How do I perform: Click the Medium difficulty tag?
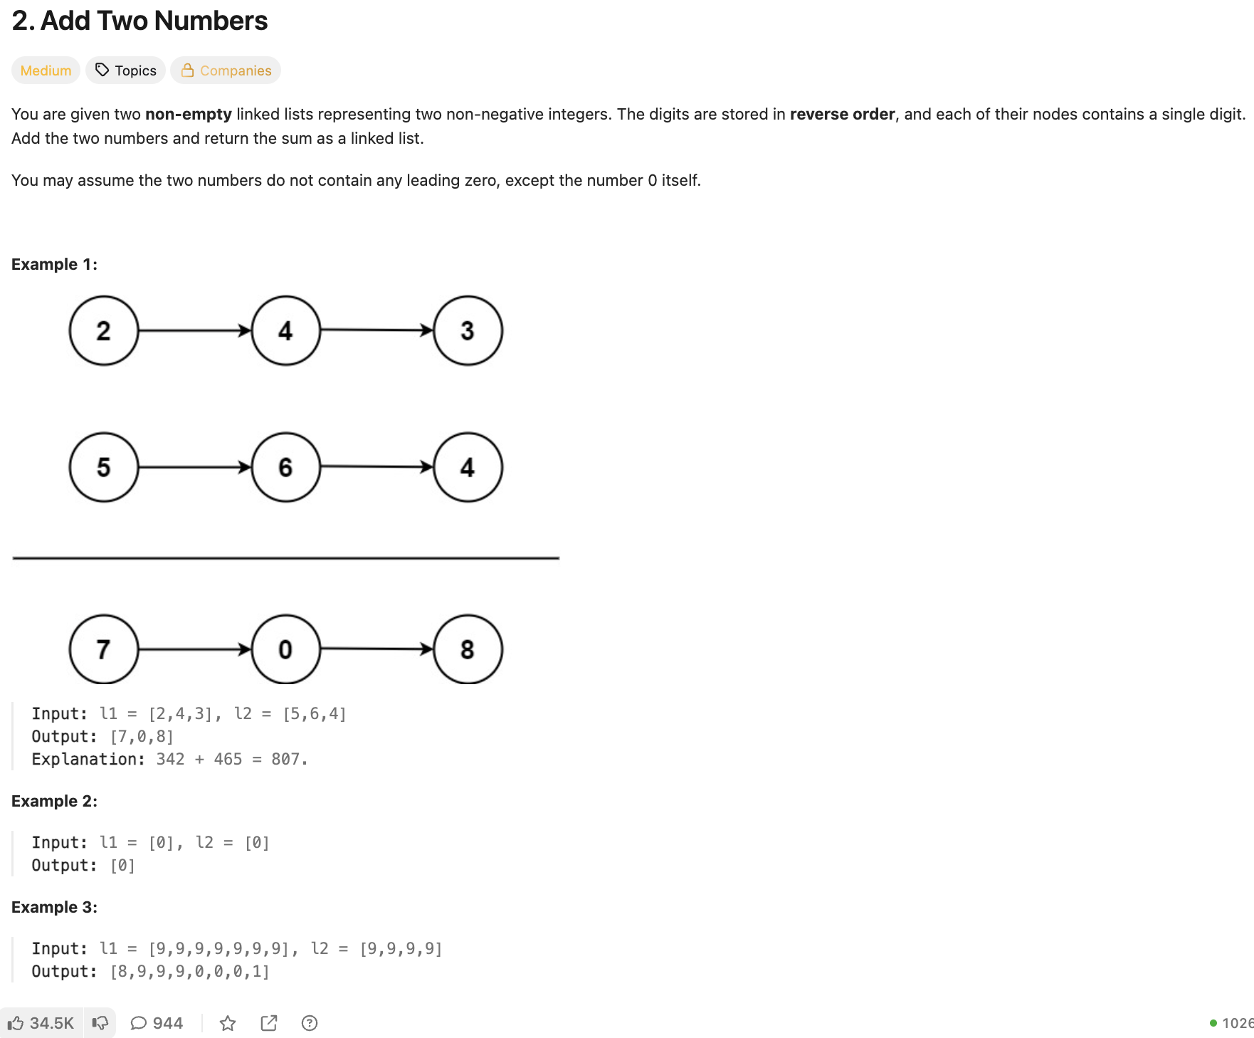click(x=46, y=70)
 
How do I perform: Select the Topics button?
click(x=126, y=70)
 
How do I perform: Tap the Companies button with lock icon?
click(x=226, y=70)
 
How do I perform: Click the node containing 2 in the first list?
click(x=104, y=331)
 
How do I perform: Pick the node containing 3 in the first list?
click(x=468, y=331)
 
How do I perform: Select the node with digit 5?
click(x=104, y=468)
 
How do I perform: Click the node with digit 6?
click(x=285, y=468)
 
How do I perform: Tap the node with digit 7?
click(x=104, y=649)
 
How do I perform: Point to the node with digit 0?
click(x=285, y=649)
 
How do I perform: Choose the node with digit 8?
click(x=468, y=649)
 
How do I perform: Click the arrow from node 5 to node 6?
click(x=194, y=468)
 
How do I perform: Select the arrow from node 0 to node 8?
click(x=376, y=649)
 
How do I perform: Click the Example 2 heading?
click(x=54, y=801)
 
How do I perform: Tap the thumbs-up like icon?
click(x=16, y=1023)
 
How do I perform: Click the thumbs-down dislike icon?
click(x=100, y=1023)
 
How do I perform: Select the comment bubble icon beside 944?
click(x=139, y=1023)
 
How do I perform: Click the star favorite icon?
click(x=228, y=1023)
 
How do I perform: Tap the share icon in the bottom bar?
click(x=269, y=1023)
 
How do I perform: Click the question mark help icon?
click(x=310, y=1023)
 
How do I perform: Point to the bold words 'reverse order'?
click(x=842, y=114)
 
